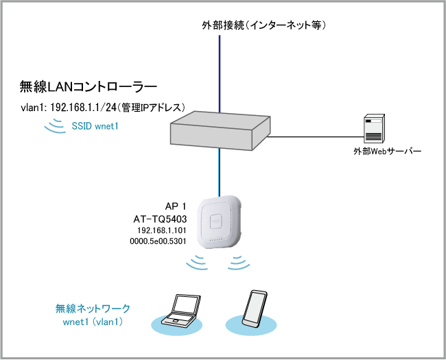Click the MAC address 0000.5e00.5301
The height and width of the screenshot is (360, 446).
pos(159,243)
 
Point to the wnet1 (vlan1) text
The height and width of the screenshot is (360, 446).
pos(93,322)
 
